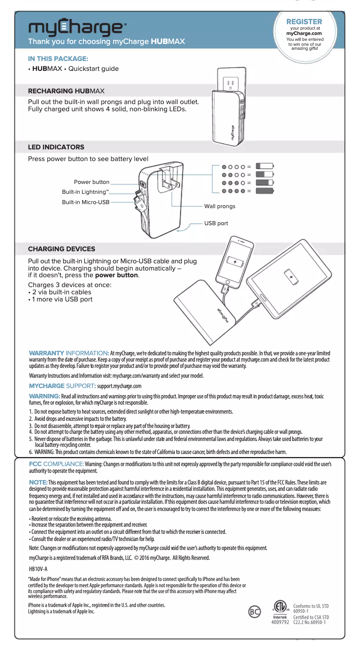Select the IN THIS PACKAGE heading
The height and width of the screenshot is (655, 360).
pos(58,58)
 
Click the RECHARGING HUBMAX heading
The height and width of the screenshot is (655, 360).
pos(66,91)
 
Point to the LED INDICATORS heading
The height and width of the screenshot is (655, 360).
pos(56,147)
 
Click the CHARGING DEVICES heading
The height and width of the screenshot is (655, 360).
pos(61,249)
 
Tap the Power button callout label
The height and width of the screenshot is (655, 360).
pos(92,182)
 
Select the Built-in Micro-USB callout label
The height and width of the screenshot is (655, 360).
pos(86,202)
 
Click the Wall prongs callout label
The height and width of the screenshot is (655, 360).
pos(220,206)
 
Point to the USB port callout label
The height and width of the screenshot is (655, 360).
pos(216,223)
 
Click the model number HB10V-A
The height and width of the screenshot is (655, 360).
pos(38,568)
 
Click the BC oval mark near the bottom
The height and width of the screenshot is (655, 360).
pos(255,611)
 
